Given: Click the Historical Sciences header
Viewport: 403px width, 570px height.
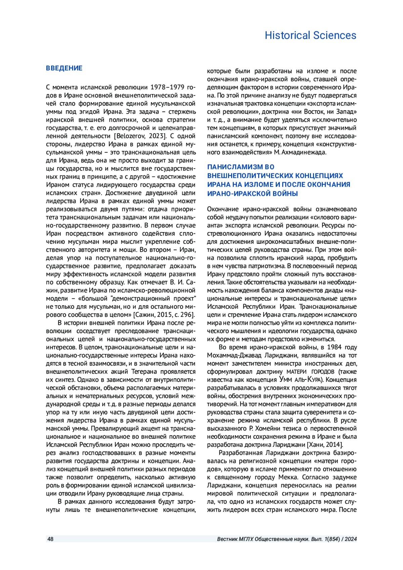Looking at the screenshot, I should click(x=310, y=35).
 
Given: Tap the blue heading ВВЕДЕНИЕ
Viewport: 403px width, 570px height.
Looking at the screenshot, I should click(x=64, y=68).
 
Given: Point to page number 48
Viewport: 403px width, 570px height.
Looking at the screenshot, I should click(x=50, y=539).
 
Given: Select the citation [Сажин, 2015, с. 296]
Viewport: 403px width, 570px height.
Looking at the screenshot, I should click(x=164, y=315).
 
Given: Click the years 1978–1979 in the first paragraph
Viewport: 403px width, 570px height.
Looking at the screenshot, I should click(x=168, y=87).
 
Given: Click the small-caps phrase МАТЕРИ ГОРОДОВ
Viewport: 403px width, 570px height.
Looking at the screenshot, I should click(x=310, y=372).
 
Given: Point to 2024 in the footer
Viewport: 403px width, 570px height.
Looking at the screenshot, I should click(x=351, y=539).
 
